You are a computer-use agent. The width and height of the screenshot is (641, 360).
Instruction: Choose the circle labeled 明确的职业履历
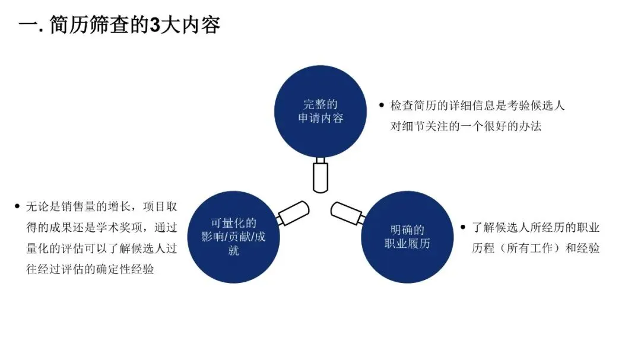[407, 237]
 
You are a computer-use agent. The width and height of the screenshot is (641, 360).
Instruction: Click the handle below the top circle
[320, 174]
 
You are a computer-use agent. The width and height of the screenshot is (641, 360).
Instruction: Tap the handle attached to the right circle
[348, 213]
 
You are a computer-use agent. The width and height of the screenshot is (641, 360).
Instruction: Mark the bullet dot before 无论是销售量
[17, 206]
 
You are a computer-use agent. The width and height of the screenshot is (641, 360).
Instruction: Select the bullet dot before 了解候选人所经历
[464, 227]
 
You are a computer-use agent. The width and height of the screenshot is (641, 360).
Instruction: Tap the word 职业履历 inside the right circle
[407, 243]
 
